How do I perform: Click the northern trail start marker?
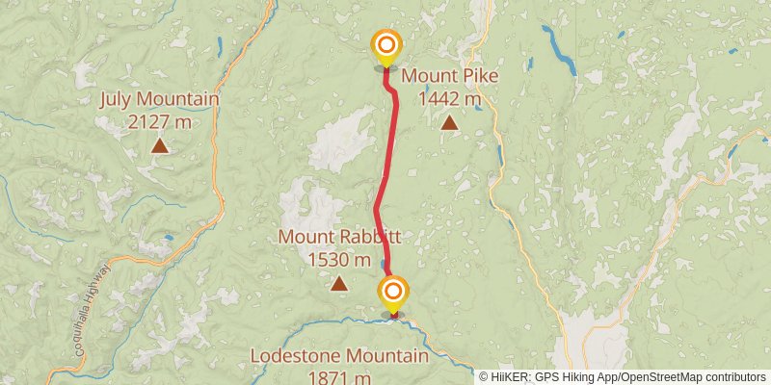point(386,45)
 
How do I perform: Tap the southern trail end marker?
point(393,290)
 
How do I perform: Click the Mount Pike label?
point(450,76)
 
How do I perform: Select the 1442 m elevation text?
point(450,98)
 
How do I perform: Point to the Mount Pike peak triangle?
point(449,123)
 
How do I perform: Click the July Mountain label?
point(160,99)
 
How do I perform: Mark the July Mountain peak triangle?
point(159,146)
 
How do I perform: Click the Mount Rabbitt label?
point(339,237)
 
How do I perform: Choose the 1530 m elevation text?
point(339,259)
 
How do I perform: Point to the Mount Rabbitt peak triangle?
point(339,284)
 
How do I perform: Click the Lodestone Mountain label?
point(339,356)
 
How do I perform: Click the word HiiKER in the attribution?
point(515,376)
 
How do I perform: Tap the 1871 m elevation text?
point(339,377)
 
